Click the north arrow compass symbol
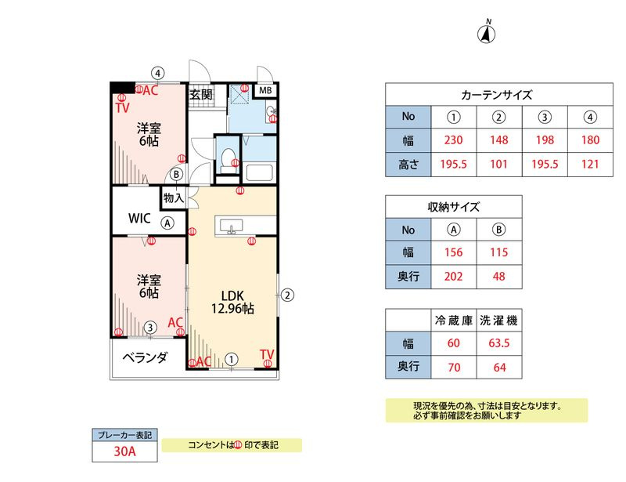pyautogui.click(x=486, y=32)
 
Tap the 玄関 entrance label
pyautogui.click(x=201, y=95)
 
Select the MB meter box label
pyautogui.click(x=265, y=90)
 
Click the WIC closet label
pyautogui.click(x=139, y=219)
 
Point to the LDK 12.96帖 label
pyautogui.click(x=232, y=302)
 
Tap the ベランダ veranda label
pyautogui.click(x=145, y=357)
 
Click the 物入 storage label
pyautogui.click(x=173, y=198)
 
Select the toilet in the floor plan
pyautogui.click(x=228, y=159)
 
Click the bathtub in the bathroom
pyautogui.click(x=259, y=172)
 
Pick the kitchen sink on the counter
pyautogui.click(x=231, y=226)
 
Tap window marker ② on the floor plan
pyautogui.click(x=287, y=295)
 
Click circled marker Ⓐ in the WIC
pyautogui.click(x=167, y=223)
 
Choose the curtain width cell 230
pyautogui.click(x=454, y=140)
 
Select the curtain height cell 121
pyautogui.click(x=590, y=164)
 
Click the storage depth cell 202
pyautogui.click(x=454, y=277)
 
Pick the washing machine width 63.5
pyautogui.click(x=499, y=342)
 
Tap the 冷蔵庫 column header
pyautogui.click(x=454, y=321)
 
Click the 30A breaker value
pyautogui.click(x=124, y=451)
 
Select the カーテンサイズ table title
pyautogui.click(x=497, y=95)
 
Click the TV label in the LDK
pyautogui.click(x=267, y=354)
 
